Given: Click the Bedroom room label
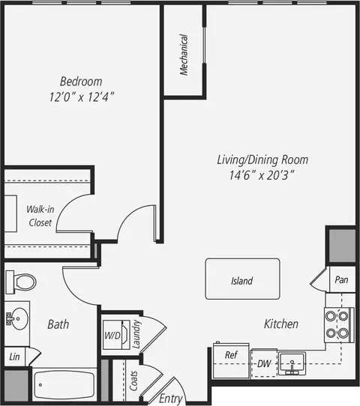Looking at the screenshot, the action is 81,82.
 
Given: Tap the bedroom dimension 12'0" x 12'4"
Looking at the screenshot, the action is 82,97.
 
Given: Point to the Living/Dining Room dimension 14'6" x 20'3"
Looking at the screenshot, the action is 262,175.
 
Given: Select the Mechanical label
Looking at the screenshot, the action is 184,55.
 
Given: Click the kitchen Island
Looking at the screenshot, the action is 242,279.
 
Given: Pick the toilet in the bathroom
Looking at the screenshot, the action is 21,282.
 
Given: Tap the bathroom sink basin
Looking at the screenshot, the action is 19,318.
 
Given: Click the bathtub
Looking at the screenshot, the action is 64,385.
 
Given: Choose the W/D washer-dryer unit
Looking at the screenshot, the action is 116,335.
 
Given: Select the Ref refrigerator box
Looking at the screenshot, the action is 231,361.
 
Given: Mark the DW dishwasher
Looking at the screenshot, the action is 264,363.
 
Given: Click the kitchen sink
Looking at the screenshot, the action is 292,363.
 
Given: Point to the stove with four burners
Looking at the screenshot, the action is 339,325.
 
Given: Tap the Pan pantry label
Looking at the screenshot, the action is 341,279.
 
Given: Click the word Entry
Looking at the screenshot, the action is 171,399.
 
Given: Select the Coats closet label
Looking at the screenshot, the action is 133,381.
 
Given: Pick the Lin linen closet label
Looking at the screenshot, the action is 14,357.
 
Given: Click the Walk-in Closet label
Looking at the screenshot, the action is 40,216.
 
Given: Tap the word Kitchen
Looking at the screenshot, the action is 281,324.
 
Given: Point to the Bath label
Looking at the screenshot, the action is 58,324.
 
